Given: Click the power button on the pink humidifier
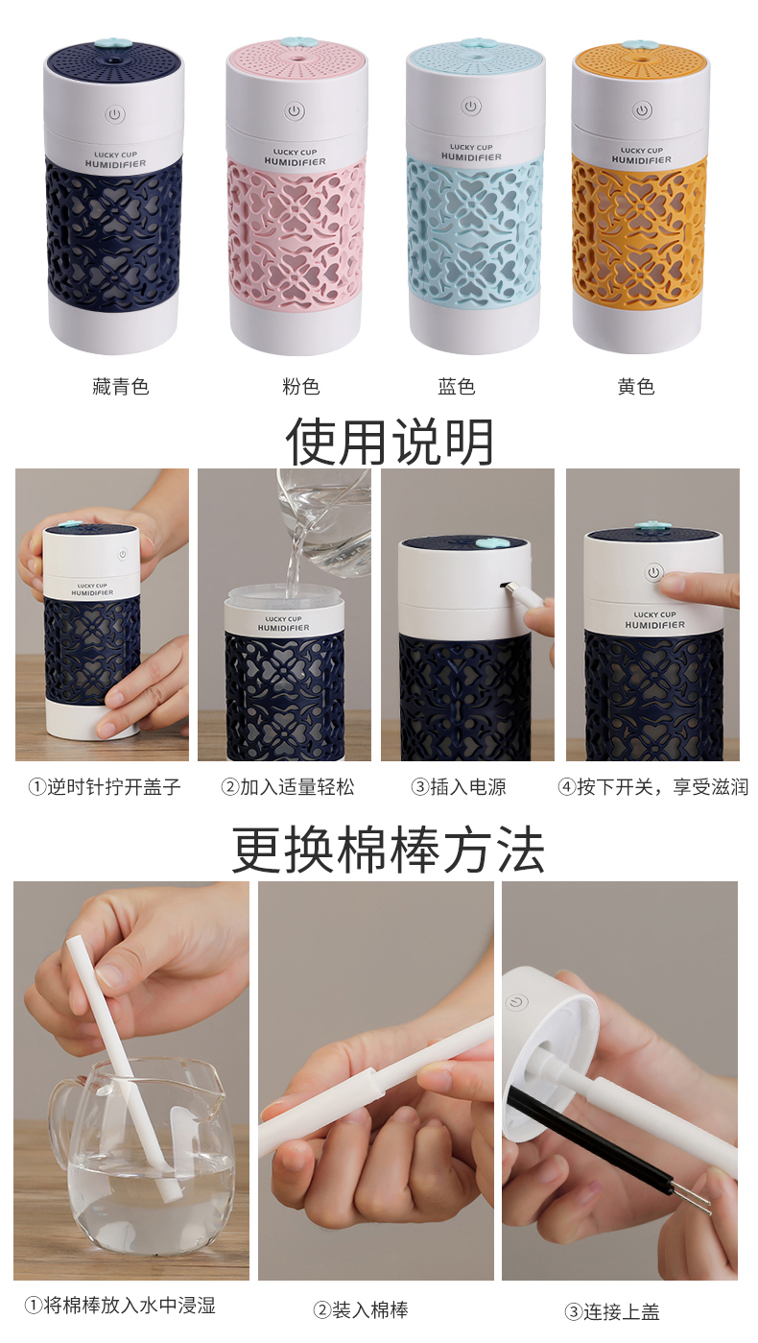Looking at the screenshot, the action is (x=294, y=111).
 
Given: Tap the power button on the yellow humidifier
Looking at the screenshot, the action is (x=642, y=110).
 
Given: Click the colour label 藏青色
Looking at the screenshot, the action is (x=121, y=387).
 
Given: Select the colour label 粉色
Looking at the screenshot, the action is (x=301, y=387).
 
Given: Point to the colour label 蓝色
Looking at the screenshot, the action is (x=457, y=387).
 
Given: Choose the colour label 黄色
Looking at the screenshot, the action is (x=636, y=387).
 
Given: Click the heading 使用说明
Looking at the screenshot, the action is (x=390, y=442).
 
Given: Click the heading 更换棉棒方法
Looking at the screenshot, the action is (x=389, y=851).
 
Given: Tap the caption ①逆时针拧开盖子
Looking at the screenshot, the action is (x=105, y=786).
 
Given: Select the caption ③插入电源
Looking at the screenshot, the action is (x=459, y=786).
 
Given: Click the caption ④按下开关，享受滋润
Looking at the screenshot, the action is (x=653, y=786).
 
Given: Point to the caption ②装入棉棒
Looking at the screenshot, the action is (x=361, y=1310).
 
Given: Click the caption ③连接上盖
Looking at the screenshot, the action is (x=612, y=1312).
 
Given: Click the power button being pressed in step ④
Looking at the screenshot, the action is (x=653, y=572).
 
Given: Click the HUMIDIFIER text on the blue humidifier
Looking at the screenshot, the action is (x=471, y=157).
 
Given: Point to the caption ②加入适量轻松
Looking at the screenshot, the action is (x=288, y=786).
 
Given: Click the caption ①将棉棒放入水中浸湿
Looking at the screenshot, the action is (x=120, y=1306).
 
